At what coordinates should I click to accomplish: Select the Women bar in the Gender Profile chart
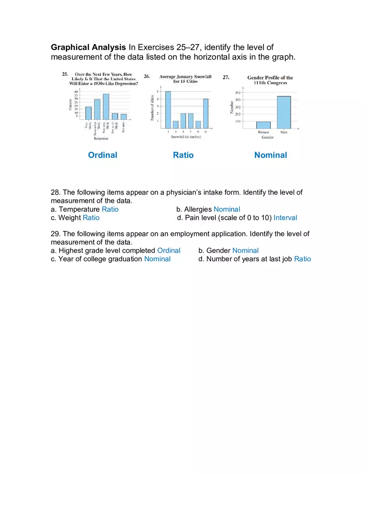263,125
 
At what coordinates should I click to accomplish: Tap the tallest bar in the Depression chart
106,107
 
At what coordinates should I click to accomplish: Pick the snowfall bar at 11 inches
205,113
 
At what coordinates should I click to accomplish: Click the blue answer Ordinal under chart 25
102,155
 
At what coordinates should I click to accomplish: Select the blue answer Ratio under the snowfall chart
183,155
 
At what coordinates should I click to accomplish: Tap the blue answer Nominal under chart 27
270,155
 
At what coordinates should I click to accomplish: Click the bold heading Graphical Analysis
88,47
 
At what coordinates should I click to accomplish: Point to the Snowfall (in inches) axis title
186,137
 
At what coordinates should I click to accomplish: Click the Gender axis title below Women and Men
267,137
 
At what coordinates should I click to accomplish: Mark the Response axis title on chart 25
101,139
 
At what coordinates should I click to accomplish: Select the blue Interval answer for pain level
285,218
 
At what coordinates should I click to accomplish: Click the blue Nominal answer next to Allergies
227,209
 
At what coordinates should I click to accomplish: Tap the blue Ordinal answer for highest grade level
168,251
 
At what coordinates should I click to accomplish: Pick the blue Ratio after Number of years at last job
302,259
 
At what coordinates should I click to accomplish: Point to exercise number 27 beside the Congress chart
226,77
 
